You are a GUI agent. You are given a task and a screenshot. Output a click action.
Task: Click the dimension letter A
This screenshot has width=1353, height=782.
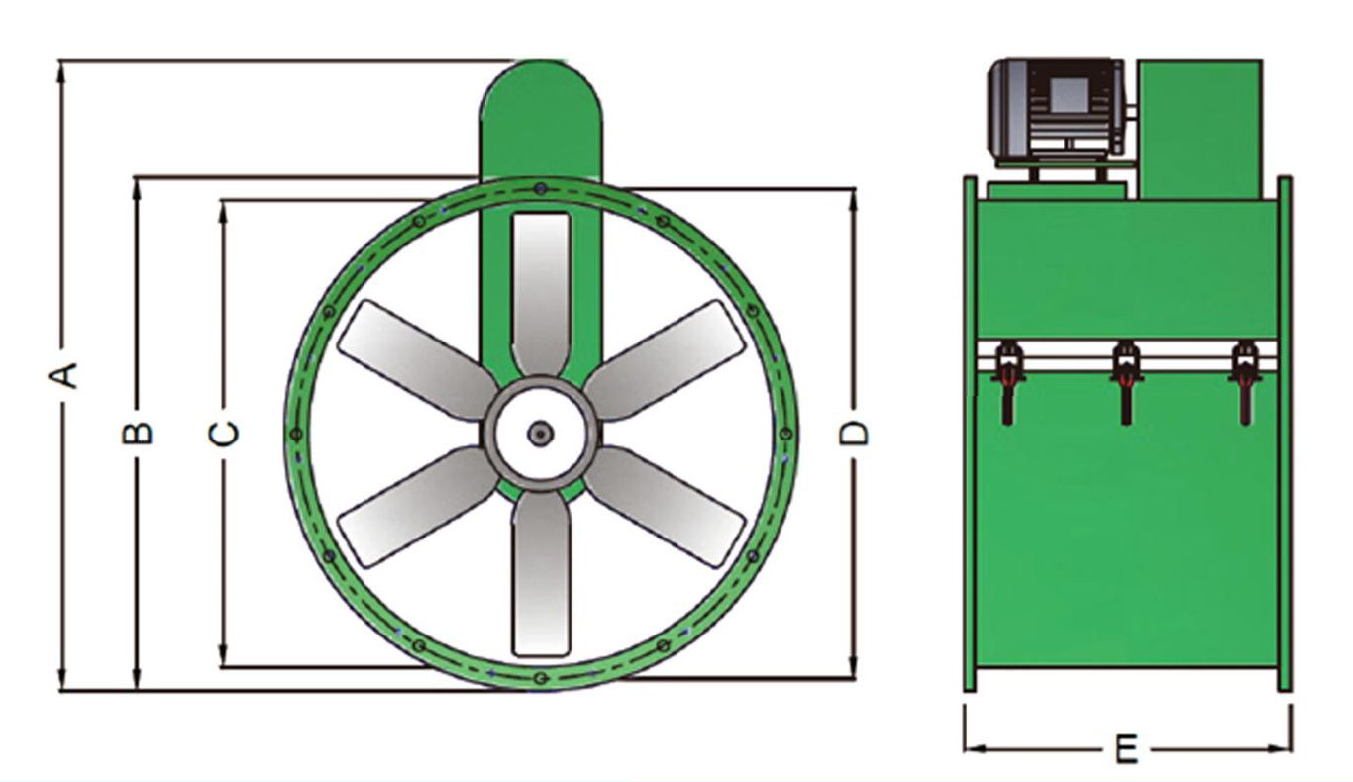click(62, 375)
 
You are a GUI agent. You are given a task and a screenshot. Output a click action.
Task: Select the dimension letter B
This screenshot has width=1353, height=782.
click(137, 433)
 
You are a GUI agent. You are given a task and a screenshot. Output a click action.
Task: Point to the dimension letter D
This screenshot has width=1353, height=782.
click(854, 434)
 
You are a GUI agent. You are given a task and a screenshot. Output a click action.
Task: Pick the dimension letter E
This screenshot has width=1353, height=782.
click(1126, 749)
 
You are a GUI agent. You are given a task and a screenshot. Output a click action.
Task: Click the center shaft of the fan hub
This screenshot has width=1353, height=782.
click(541, 433)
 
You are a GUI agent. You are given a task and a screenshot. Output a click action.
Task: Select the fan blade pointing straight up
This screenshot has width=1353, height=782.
click(541, 294)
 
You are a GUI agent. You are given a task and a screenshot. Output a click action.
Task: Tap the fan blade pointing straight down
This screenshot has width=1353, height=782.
click(541, 574)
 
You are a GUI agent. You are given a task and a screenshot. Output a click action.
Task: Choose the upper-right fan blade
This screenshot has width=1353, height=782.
click(665, 360)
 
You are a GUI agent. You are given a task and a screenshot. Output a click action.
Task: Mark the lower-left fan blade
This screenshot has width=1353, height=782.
click(418, 507)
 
